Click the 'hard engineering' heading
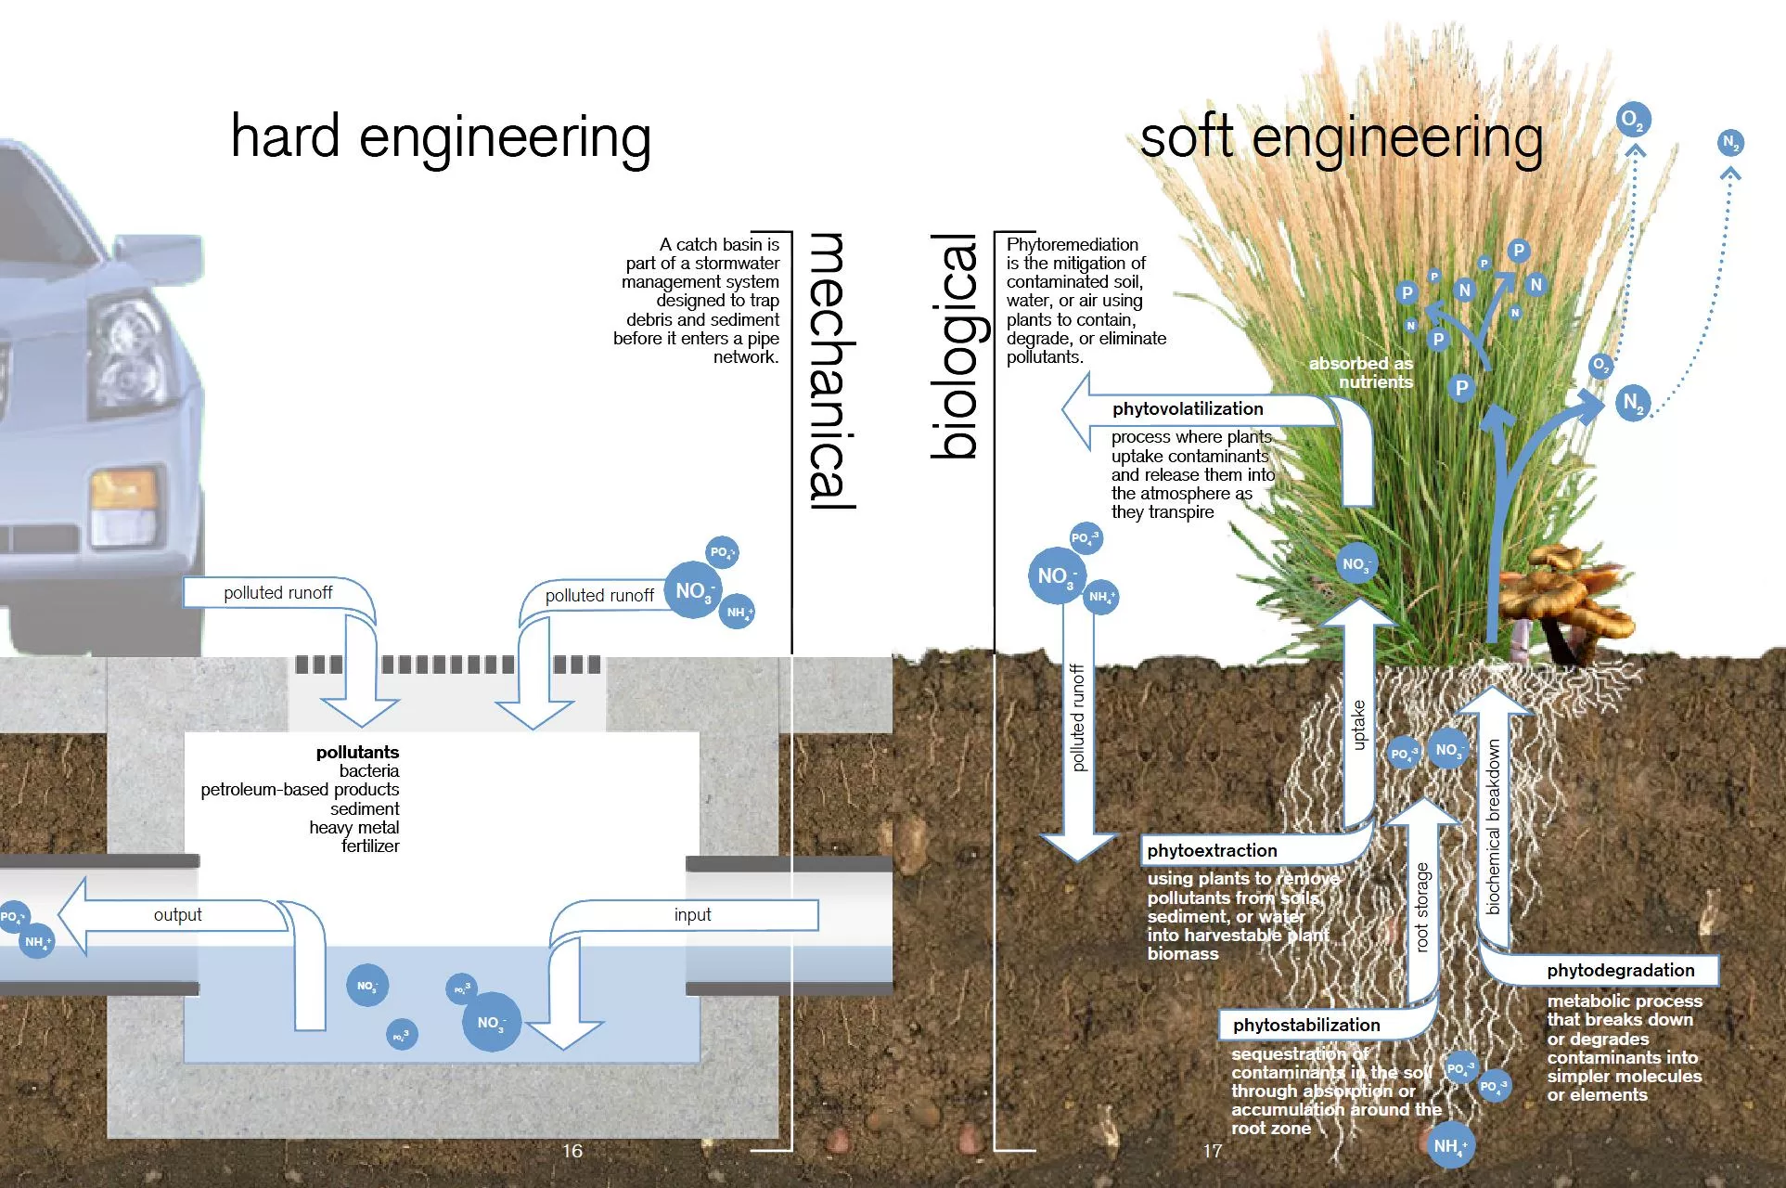click(441, 137)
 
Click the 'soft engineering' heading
click(1341, 137)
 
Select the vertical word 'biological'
click(956, 346)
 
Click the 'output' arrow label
click(177, 915)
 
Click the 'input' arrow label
click(692, 915)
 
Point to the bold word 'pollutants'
click(357, 752)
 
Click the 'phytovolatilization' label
click(1188, 409)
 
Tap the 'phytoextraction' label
click(1212, 851)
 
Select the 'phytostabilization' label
click(1306, 1026)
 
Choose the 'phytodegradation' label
click(1620, 971)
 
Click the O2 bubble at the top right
click(1633, 120)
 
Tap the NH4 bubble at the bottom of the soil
click(1449, 1146)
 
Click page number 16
click(572, 1151)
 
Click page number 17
click(1213, 1151)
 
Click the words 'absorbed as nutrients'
click(1361, 373)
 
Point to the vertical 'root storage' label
click(1422, 908)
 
